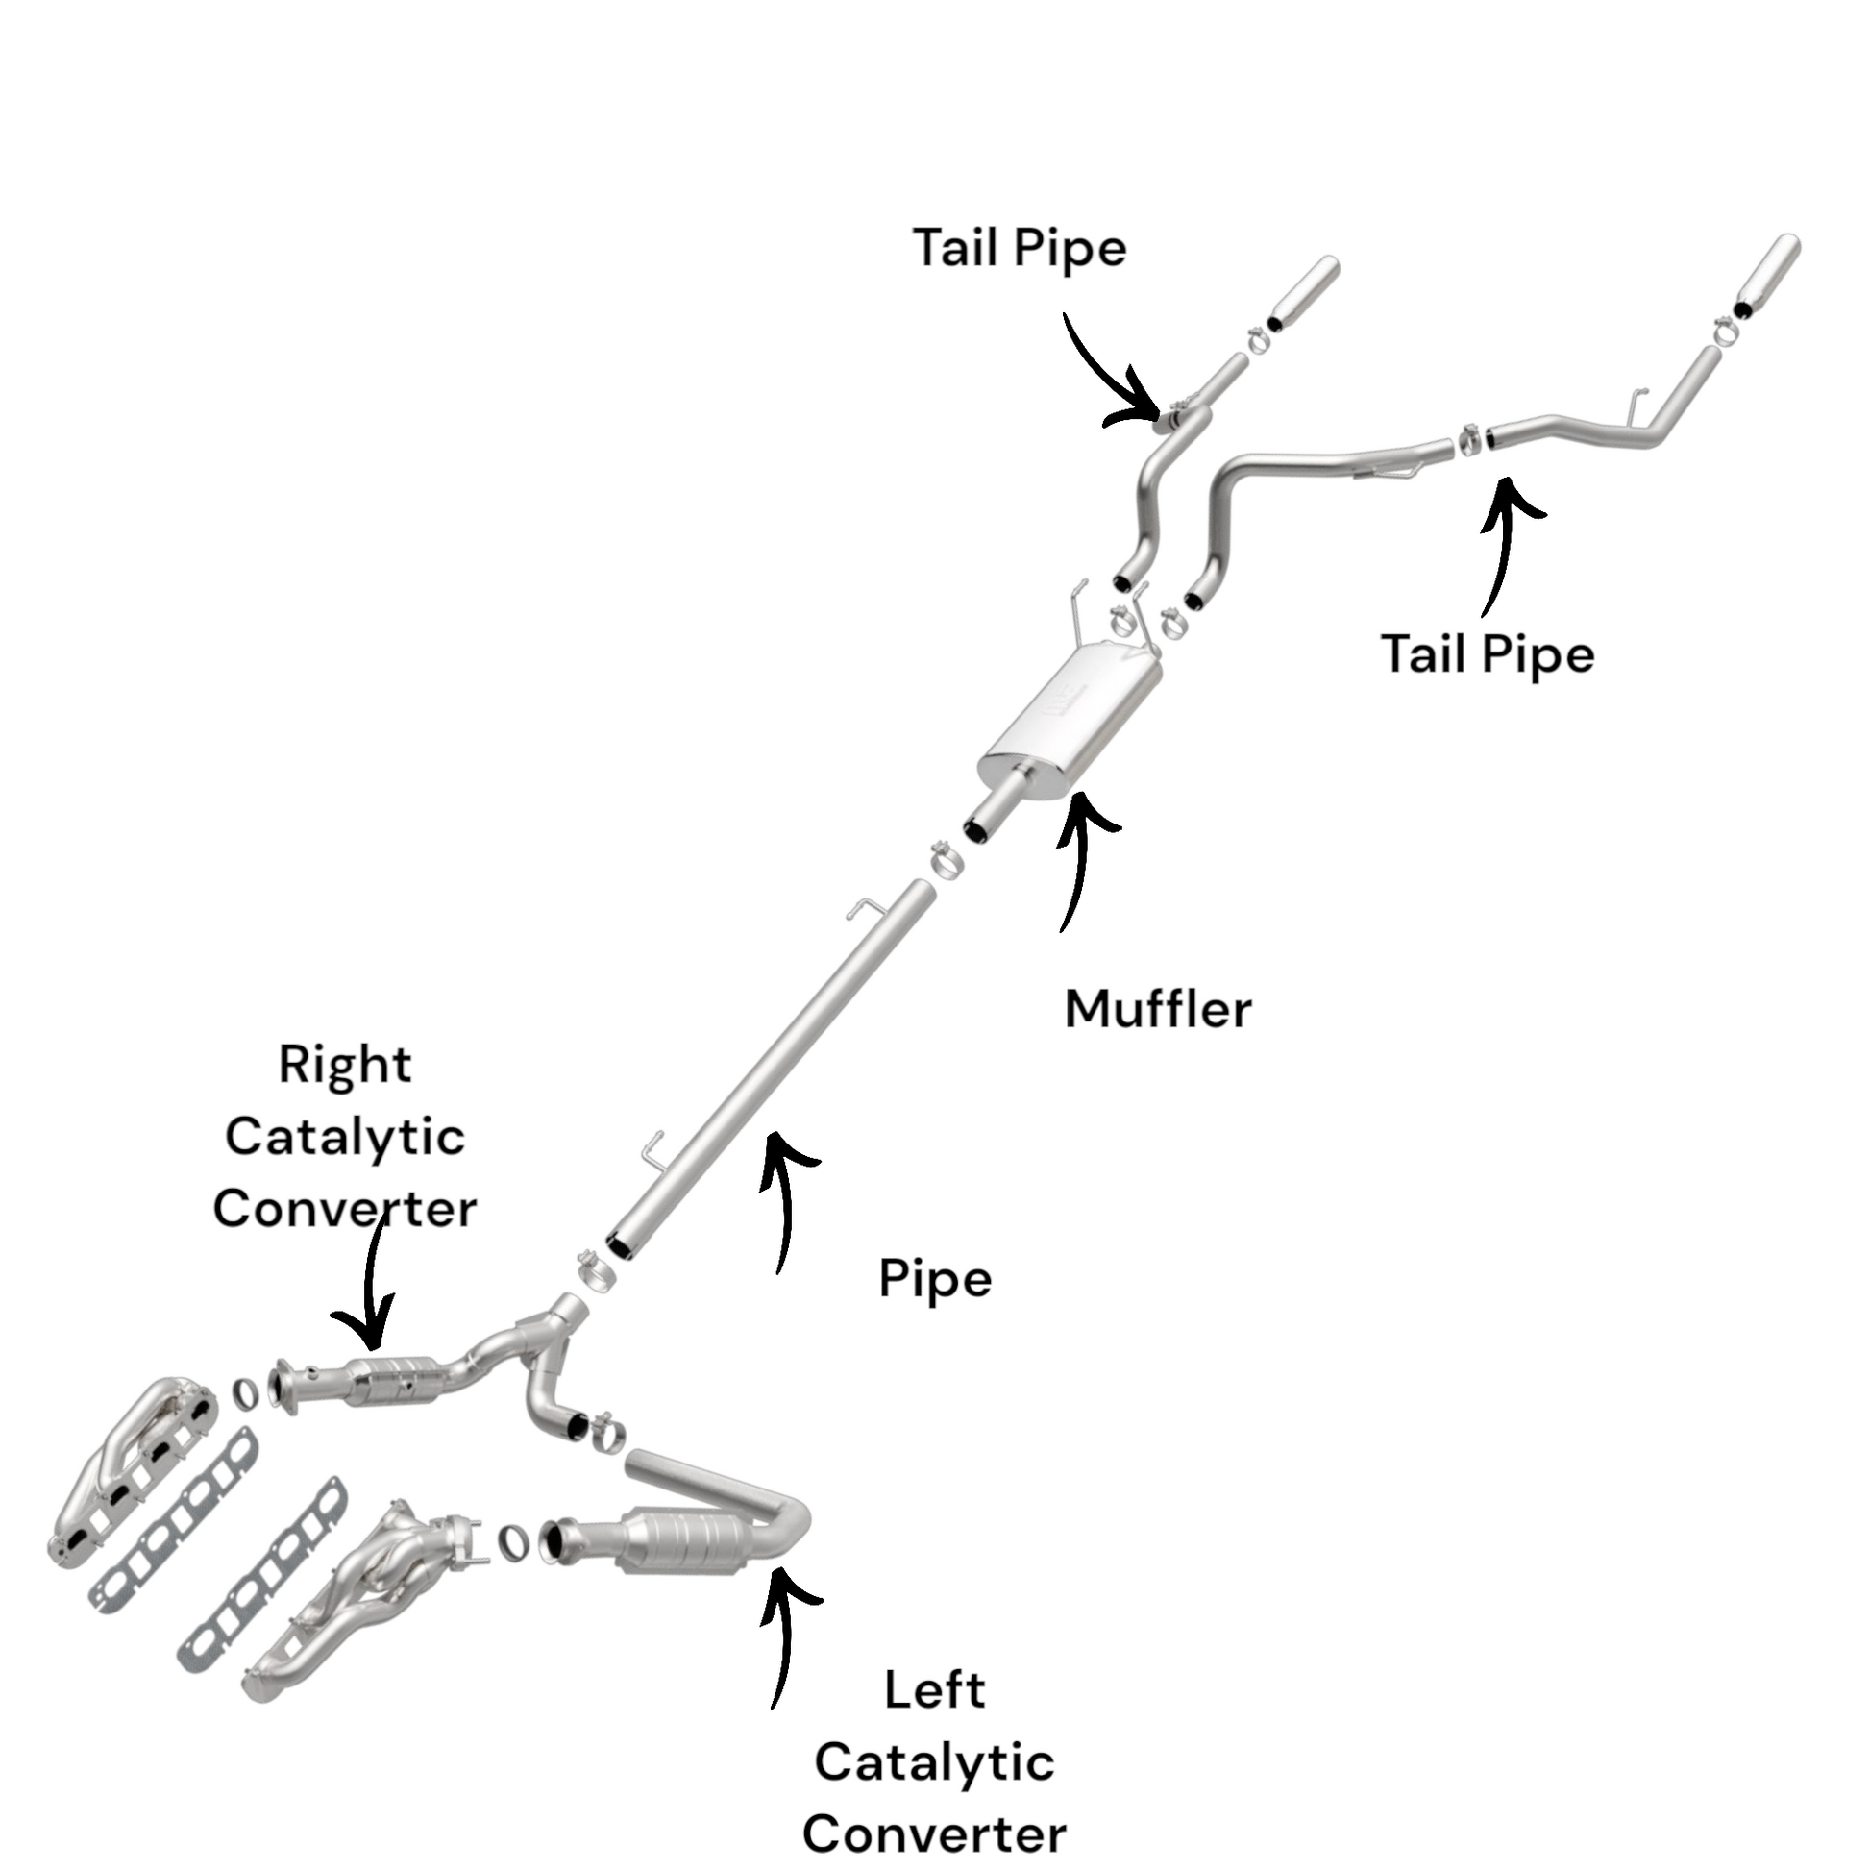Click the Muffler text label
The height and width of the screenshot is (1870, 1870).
click(1158, 1009)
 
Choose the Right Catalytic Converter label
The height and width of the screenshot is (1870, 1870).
click(345, 1137)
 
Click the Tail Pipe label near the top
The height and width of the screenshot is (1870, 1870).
click(1020, 248)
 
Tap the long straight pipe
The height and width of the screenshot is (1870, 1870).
click(775, 1065)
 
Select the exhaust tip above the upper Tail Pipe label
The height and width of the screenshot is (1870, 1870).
click(1303, 293)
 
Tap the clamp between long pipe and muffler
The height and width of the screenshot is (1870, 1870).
click(945, 859)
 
